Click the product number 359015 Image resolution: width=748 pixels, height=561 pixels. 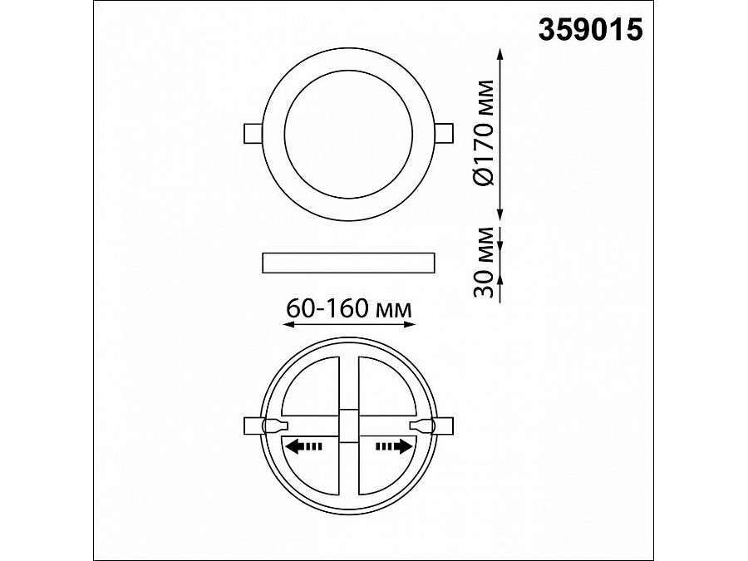591,30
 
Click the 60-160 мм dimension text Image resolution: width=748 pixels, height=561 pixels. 349,309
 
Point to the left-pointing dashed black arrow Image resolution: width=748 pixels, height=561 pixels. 303,446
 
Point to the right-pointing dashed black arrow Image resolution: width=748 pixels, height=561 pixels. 394,446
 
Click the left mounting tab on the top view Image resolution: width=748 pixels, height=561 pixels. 253,134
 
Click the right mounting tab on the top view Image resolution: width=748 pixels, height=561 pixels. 445,134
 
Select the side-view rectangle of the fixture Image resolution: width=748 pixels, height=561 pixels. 349,263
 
